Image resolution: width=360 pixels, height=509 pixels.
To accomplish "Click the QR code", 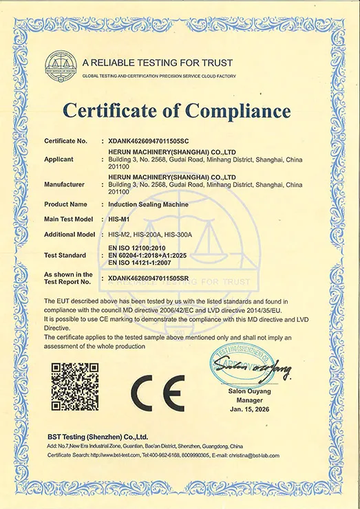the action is click(75, 387).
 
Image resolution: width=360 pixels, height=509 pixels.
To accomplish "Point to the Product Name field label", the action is click(65, 204).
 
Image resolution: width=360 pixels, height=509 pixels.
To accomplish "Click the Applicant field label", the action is click(59, 158).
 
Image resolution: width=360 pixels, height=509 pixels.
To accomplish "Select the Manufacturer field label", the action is click(65, 184).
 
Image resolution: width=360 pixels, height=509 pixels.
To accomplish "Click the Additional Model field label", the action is click(70, 234).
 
